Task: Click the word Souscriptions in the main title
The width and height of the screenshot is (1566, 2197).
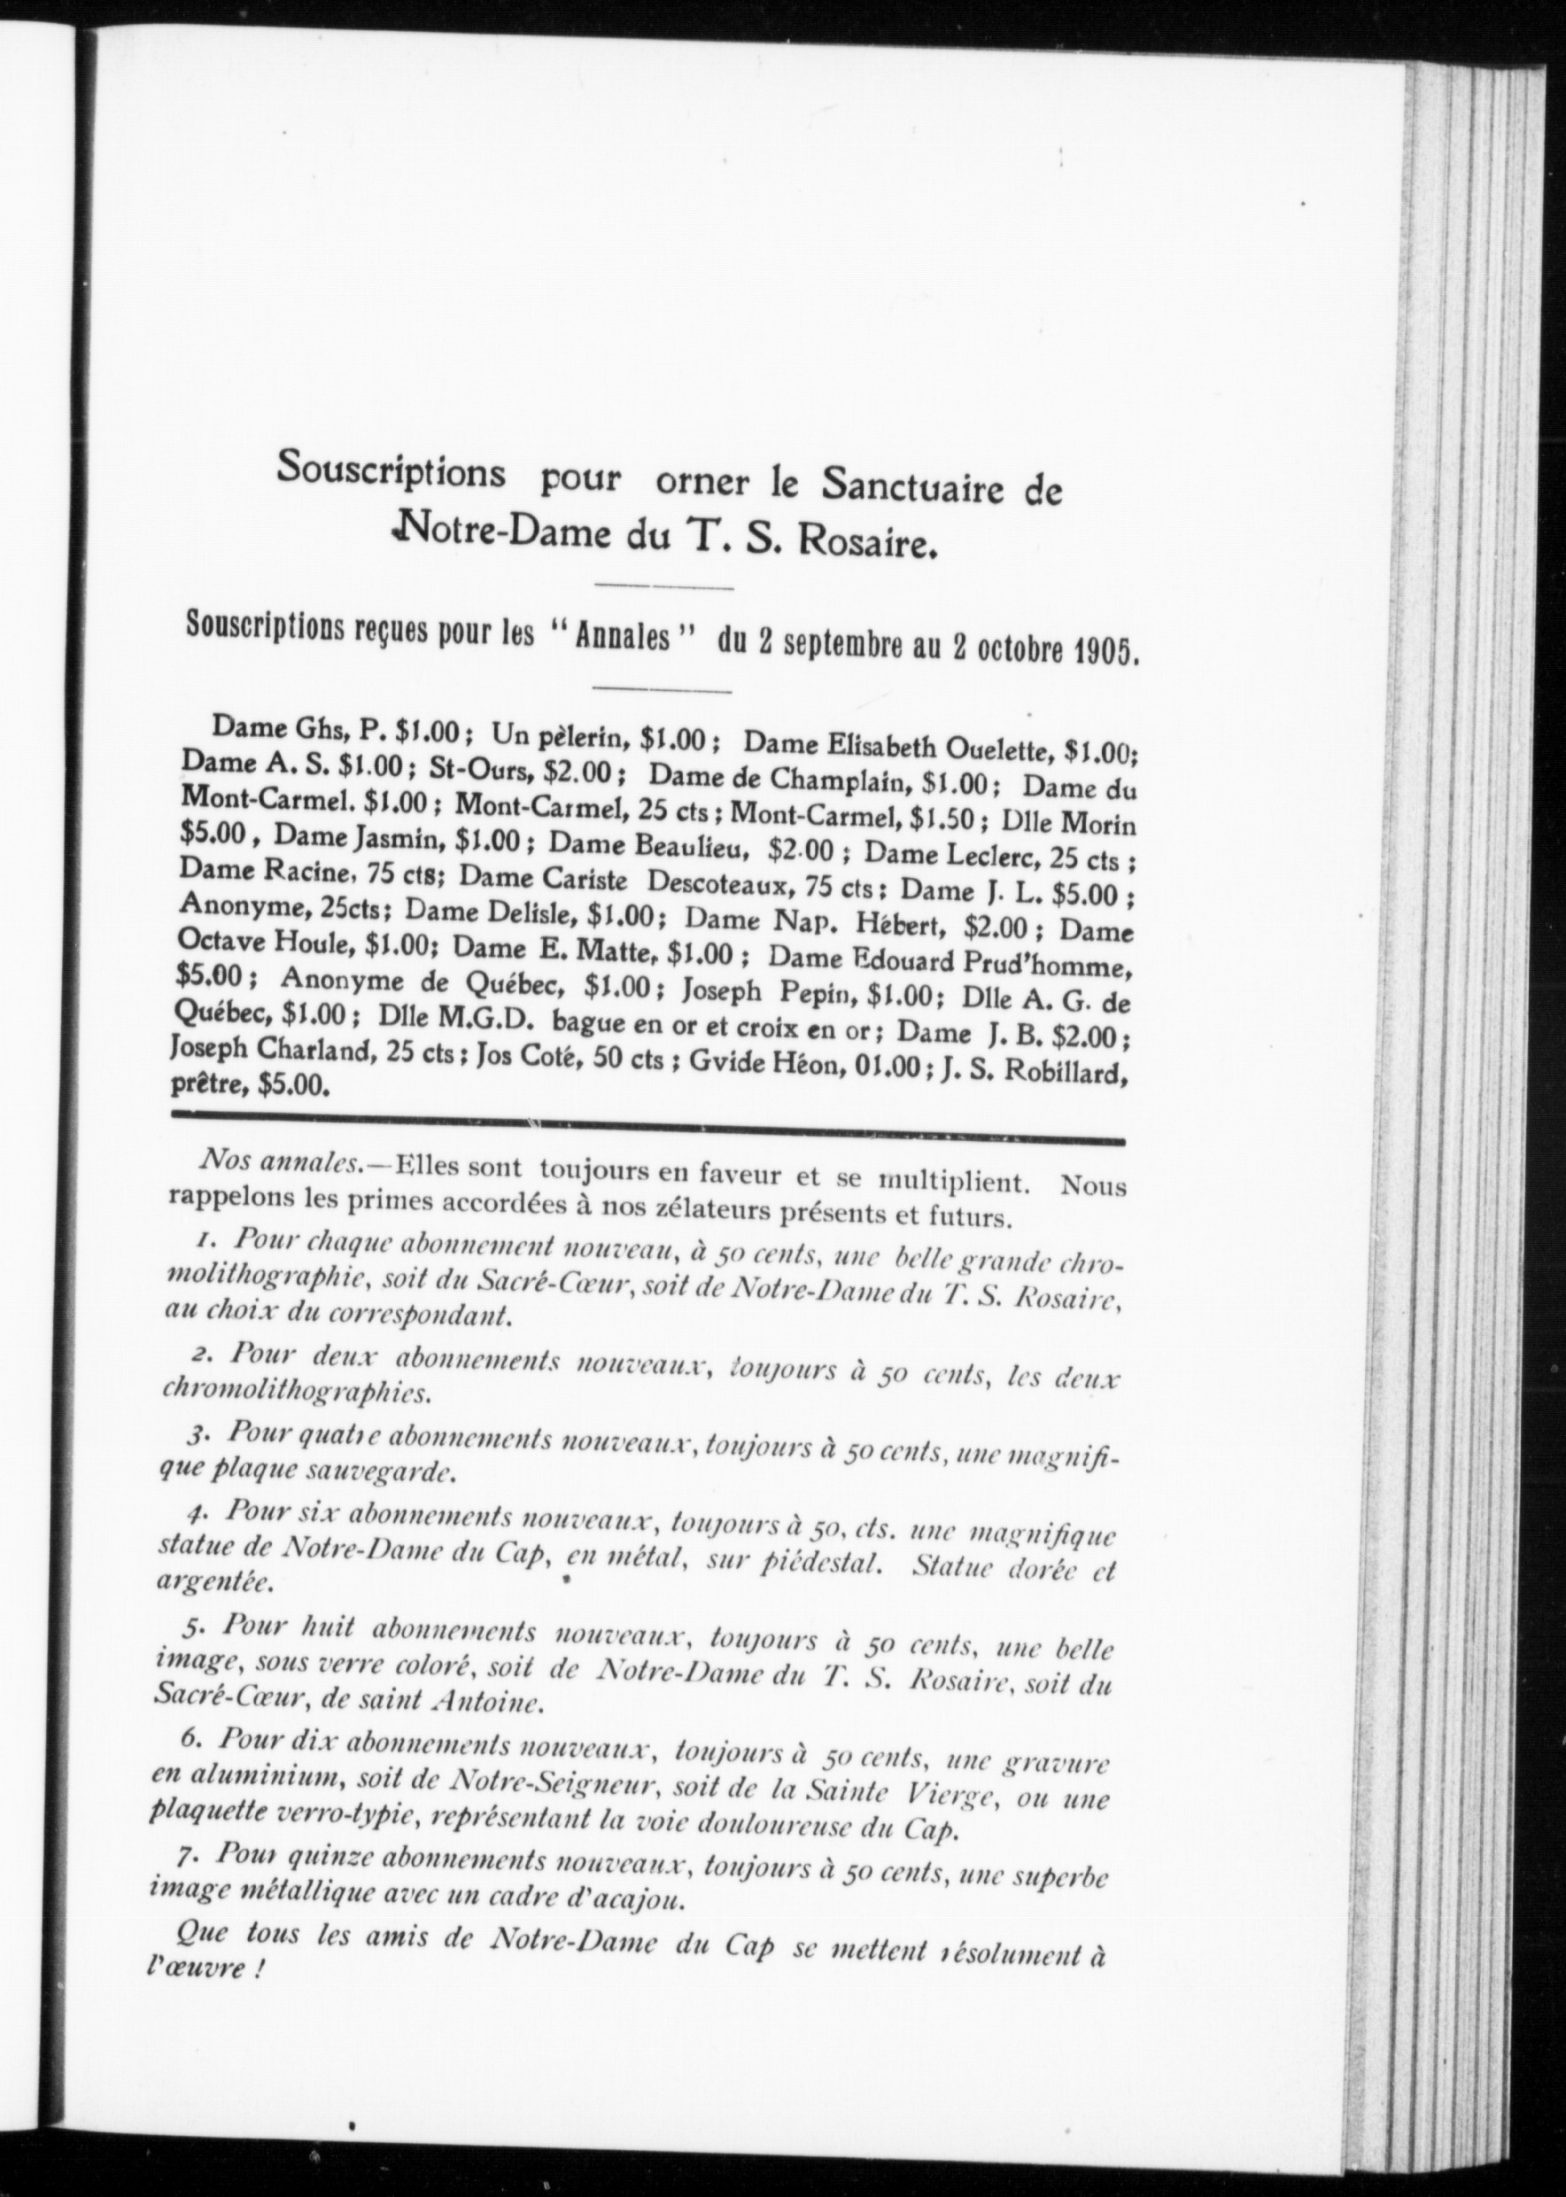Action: click(391, 470)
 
